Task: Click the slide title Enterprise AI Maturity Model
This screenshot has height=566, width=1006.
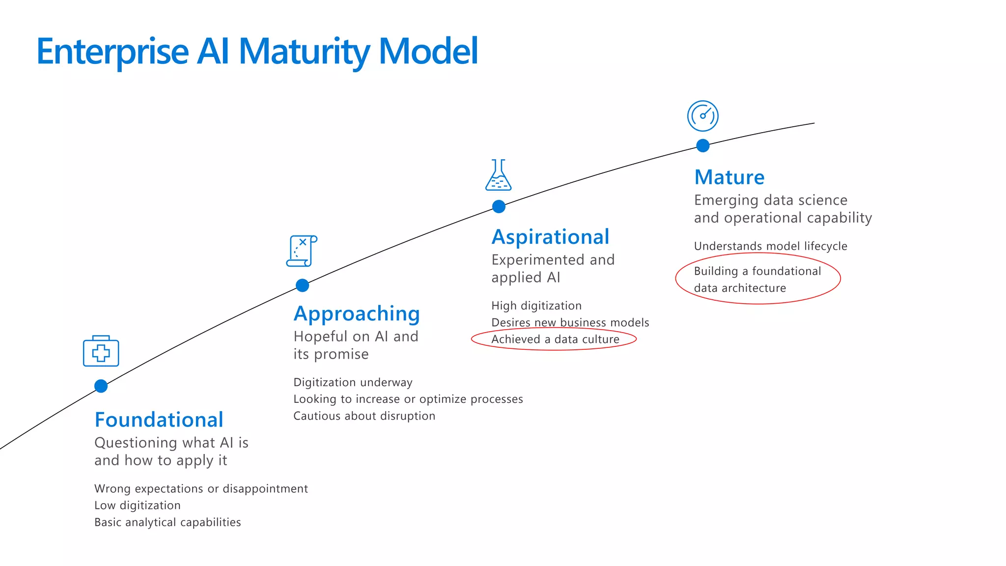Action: click(257, 51)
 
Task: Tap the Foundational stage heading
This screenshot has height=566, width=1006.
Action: click(159, 420)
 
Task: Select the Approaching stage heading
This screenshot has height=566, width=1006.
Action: click(357, 314)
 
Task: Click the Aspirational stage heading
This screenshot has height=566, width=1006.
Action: click(550, 237)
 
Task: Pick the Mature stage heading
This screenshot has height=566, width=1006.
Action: click(729, 177)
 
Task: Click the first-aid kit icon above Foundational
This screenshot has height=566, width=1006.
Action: click(101, 351)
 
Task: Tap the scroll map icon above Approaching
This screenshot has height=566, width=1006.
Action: click(302, 251)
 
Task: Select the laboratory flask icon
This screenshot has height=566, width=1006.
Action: click(499, 175)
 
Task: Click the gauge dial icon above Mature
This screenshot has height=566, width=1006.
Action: click(702, 116)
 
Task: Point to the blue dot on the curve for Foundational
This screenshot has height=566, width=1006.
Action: click(101, 386)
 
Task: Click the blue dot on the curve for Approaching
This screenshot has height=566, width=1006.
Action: click(303, 285)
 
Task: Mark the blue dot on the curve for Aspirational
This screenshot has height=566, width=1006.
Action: click(499, 207)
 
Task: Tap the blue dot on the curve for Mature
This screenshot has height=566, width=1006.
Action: click(703, 146)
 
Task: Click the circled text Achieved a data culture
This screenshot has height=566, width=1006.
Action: click(555, 340)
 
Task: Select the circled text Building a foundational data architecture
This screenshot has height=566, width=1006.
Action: click(757, 279)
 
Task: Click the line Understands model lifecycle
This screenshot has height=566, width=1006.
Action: click(770, 246)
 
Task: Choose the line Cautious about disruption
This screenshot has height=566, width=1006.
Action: click(364, 416)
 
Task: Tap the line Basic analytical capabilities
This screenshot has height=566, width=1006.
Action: click(168, 522)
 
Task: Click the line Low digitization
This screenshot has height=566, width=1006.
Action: click(138, 506)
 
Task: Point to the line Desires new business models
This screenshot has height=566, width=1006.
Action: click(570, 323)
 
